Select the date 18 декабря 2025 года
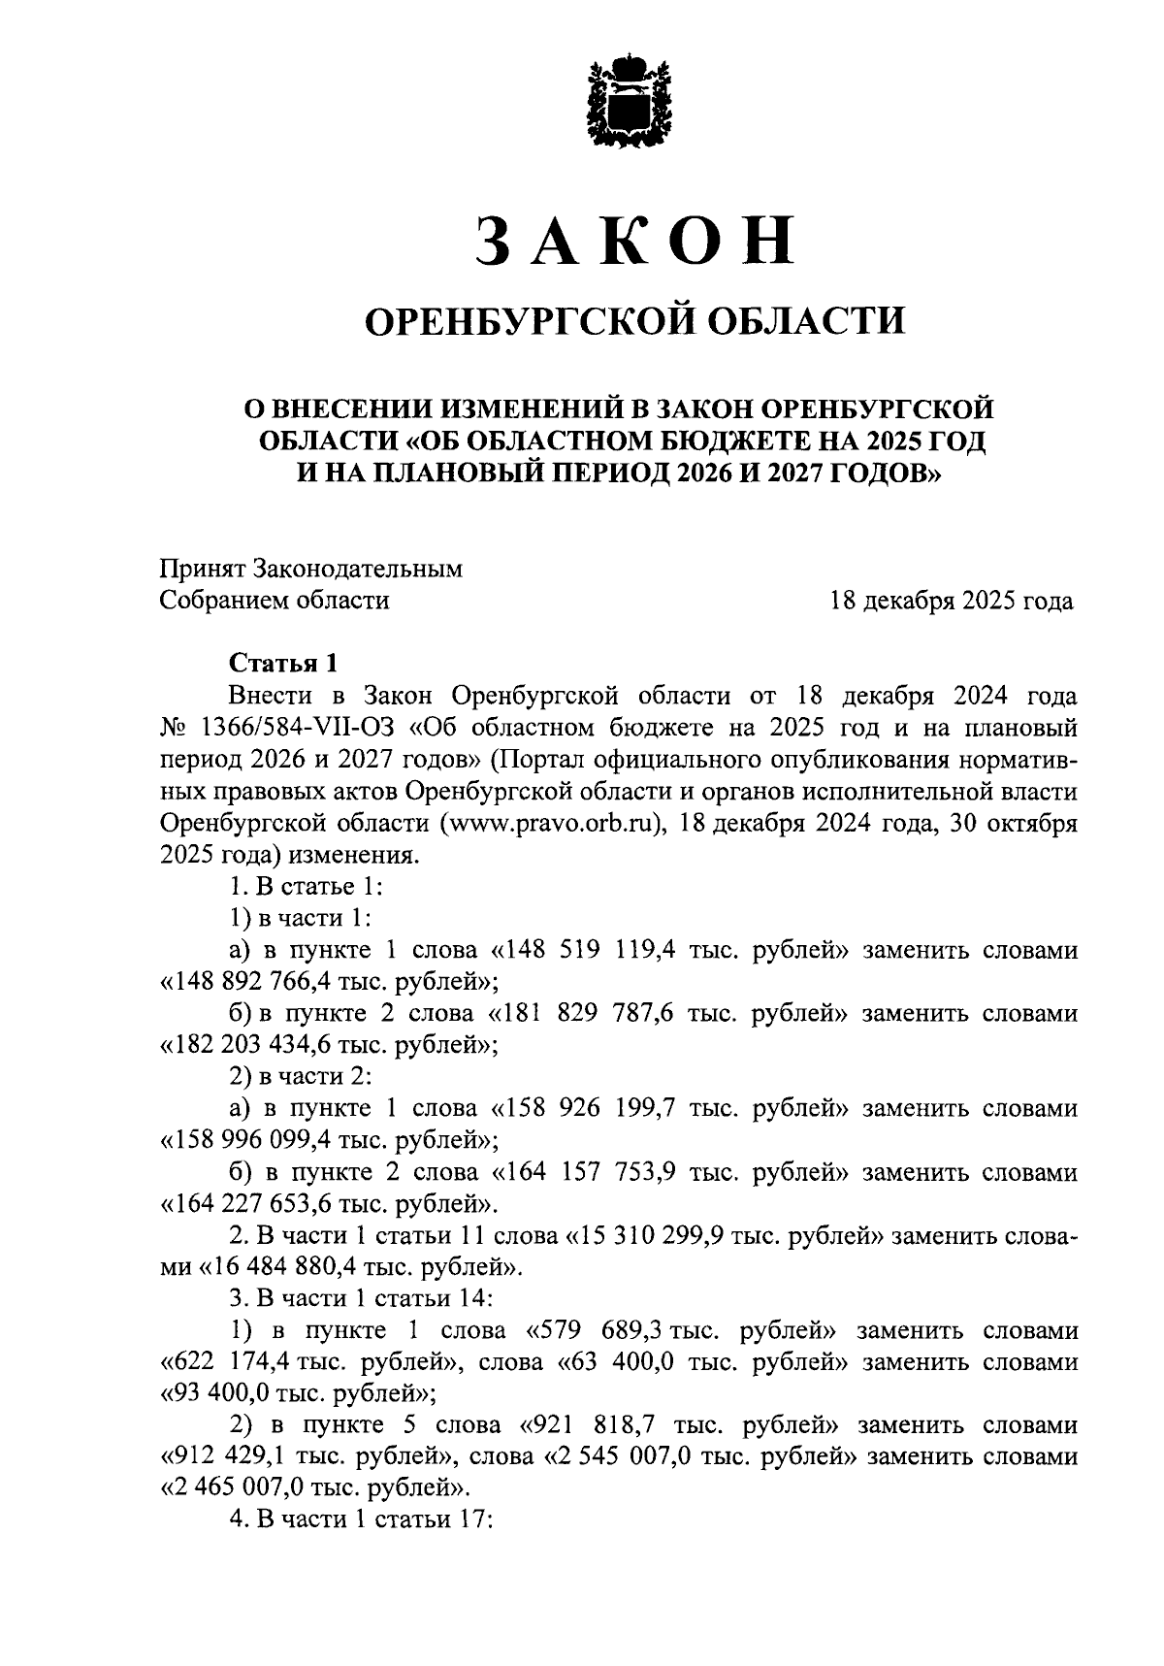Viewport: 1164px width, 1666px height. [x=951, y=602]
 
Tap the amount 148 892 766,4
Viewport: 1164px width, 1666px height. [x=263, y=982]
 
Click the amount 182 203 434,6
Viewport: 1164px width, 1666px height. [x=263, y=1046]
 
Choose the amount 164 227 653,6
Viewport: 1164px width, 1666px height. [x=263, y=1204]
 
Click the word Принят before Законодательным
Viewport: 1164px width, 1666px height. [x=202, y=569]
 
